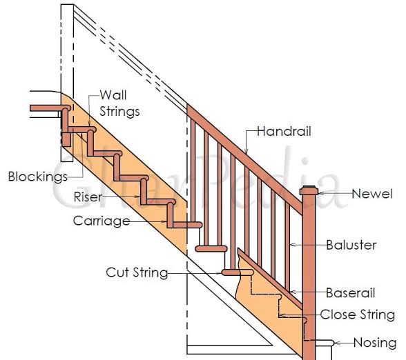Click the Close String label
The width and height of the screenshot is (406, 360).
(x=358, y=315)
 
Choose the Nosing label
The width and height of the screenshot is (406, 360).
(x=375, y=342)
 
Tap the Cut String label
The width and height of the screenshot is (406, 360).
(x=137, y=272)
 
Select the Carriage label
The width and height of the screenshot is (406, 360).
(x=101, y=221)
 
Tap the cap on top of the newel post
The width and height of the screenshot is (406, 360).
(x=309, y=190)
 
